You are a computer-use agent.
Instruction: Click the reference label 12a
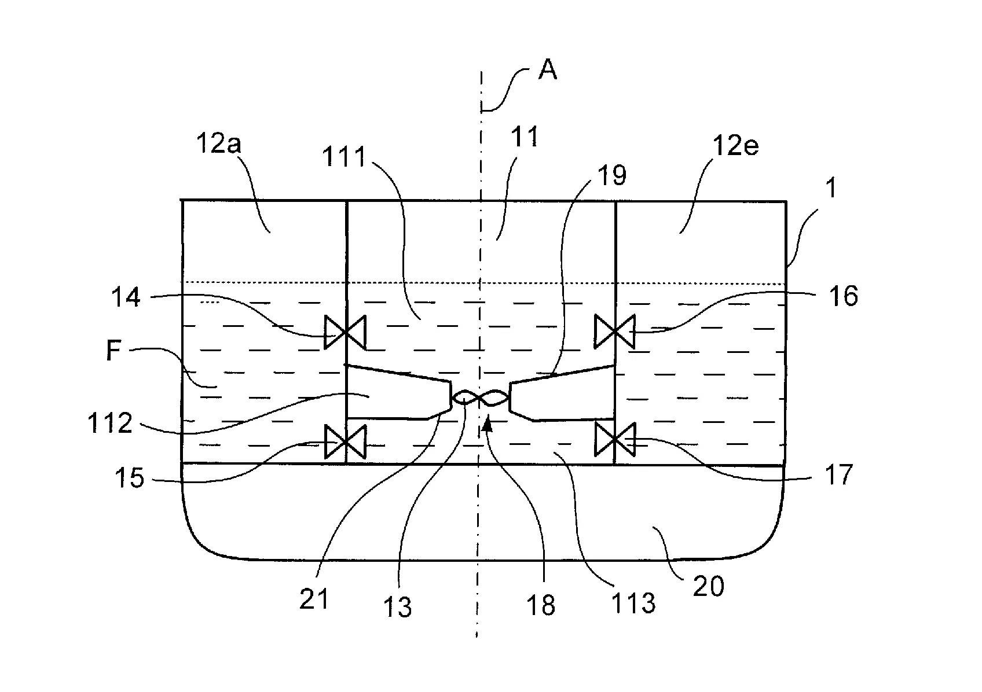pos(218,143)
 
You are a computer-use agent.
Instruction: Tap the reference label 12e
pos(735,145)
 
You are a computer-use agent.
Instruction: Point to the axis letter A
pos(548,69)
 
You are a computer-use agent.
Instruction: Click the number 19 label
pos(612,175)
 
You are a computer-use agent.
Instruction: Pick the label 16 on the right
pos(843,296)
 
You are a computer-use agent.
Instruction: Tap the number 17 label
pos(838,474)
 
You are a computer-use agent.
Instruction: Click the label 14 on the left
pos(126,297)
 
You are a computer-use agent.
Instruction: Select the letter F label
pos(113,351)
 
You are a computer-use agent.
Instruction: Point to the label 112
pos(110,422)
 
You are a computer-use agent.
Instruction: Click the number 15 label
pos(129,477)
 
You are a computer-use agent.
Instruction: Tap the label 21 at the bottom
pos(314,599)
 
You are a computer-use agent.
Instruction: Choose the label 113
pos(633,603)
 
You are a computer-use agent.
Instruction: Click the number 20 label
pos(709,586)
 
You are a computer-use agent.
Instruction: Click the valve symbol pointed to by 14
pos(345,332)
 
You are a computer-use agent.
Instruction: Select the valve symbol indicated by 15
pos(345,442)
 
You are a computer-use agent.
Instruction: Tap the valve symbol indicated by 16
pos(615,332)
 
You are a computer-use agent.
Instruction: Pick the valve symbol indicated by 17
pos(615,439)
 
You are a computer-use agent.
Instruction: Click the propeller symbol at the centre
pos(481,397)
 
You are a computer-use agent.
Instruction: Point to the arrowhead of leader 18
pos(486,424)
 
